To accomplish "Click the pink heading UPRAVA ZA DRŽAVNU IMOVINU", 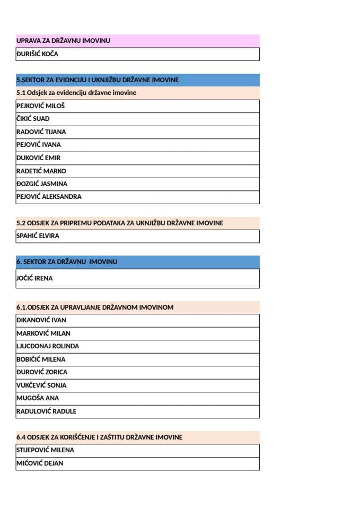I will [x=64, y=41].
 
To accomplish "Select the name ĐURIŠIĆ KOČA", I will [x=38, y=54].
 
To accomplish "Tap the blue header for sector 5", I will [x=98, y=80].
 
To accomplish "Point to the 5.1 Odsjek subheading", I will [x=76, y=93].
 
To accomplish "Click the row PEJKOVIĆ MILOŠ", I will [x=41, y=106].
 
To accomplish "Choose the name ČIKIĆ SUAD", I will [x=33, y=119].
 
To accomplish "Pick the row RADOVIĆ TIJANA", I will [x=41, y=132].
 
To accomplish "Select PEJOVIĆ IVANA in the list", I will [x=39, y=145].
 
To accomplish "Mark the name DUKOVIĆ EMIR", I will [x=39, y=158].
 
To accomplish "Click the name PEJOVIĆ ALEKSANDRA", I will [x=49, y=197].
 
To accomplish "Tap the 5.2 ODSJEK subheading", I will [x=120, y=223].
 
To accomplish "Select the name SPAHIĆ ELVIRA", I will [x=38, y=236].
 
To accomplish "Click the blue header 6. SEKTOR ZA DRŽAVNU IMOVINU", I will [x=67, y=262].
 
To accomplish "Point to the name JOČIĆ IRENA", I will [x=35, y=278].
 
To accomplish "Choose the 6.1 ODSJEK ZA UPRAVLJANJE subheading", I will [x=95, y=308].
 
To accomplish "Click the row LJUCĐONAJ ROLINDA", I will [x=48, y=346].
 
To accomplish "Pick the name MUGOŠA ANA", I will [x=38, y=398].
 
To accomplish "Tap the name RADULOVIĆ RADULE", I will [x=47, y=411].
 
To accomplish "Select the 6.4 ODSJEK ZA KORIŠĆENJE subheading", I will [x=100, y=437].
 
